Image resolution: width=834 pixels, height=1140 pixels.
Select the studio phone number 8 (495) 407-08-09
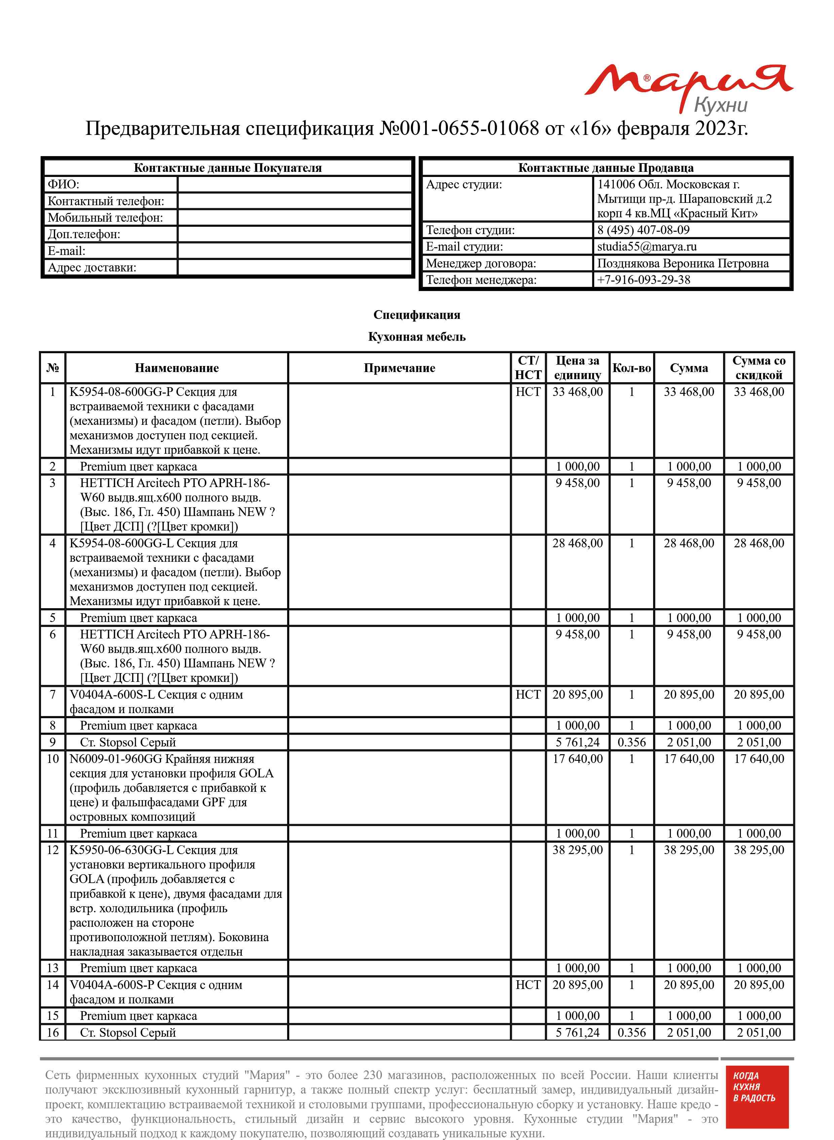tap(643, 230)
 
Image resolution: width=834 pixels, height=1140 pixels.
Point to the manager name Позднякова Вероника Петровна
tap(683, 263)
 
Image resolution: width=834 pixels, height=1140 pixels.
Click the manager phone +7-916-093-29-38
tap(643, 280)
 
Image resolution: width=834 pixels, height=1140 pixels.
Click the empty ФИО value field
tap(295, 184)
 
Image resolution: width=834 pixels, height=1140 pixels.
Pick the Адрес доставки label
tap(92, 267)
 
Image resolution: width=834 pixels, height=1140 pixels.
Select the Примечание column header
tap(399, 368)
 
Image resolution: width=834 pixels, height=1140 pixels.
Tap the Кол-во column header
tap(631, 368)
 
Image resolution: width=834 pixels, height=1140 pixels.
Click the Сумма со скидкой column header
tap(758, 368)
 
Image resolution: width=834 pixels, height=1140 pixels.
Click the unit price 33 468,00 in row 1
tap(577, 392)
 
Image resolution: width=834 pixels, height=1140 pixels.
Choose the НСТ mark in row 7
tap(528, 695)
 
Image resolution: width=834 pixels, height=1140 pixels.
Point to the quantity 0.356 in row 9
tap(631, 742)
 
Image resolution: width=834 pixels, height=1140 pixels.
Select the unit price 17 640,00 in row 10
tap(577, 759)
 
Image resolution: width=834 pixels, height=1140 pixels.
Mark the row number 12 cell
tap(52, 850)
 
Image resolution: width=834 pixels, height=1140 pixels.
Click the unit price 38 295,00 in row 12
tap(577, 850)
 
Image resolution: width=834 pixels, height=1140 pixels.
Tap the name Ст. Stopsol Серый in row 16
tap(128, 1032)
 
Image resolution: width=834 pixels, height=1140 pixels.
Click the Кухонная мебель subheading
tap(416, 337)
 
